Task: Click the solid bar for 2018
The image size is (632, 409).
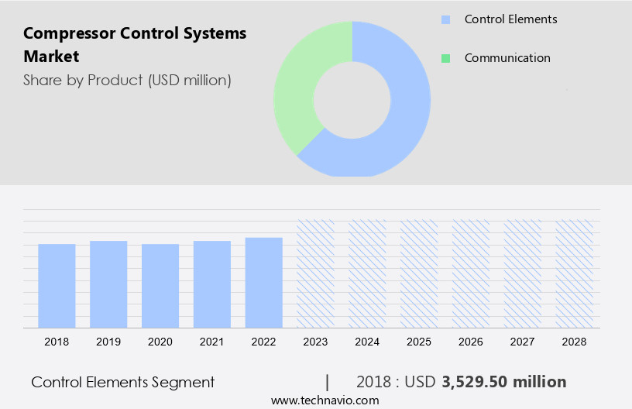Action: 57,285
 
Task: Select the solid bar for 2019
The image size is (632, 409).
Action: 108,284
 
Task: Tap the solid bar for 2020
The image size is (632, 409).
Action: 160,285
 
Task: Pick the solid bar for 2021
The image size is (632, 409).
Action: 212,284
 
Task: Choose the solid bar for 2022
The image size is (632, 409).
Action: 264,282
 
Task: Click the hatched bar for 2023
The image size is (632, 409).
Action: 316,273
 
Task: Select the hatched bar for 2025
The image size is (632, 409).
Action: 419,273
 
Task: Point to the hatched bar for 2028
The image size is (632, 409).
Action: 575,273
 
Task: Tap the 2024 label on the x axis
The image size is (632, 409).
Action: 368,341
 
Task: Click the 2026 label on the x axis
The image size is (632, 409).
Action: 471,341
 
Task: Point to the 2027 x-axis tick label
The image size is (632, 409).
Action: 523,341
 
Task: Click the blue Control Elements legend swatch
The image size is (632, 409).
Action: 445,19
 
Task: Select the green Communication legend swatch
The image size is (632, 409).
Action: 445,58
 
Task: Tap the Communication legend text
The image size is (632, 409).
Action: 507,58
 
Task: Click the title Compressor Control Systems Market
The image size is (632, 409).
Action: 135,44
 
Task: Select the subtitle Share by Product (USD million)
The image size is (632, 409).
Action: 127,80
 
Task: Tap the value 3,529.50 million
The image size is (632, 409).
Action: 504,382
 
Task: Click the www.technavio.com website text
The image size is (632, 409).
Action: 325,400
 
